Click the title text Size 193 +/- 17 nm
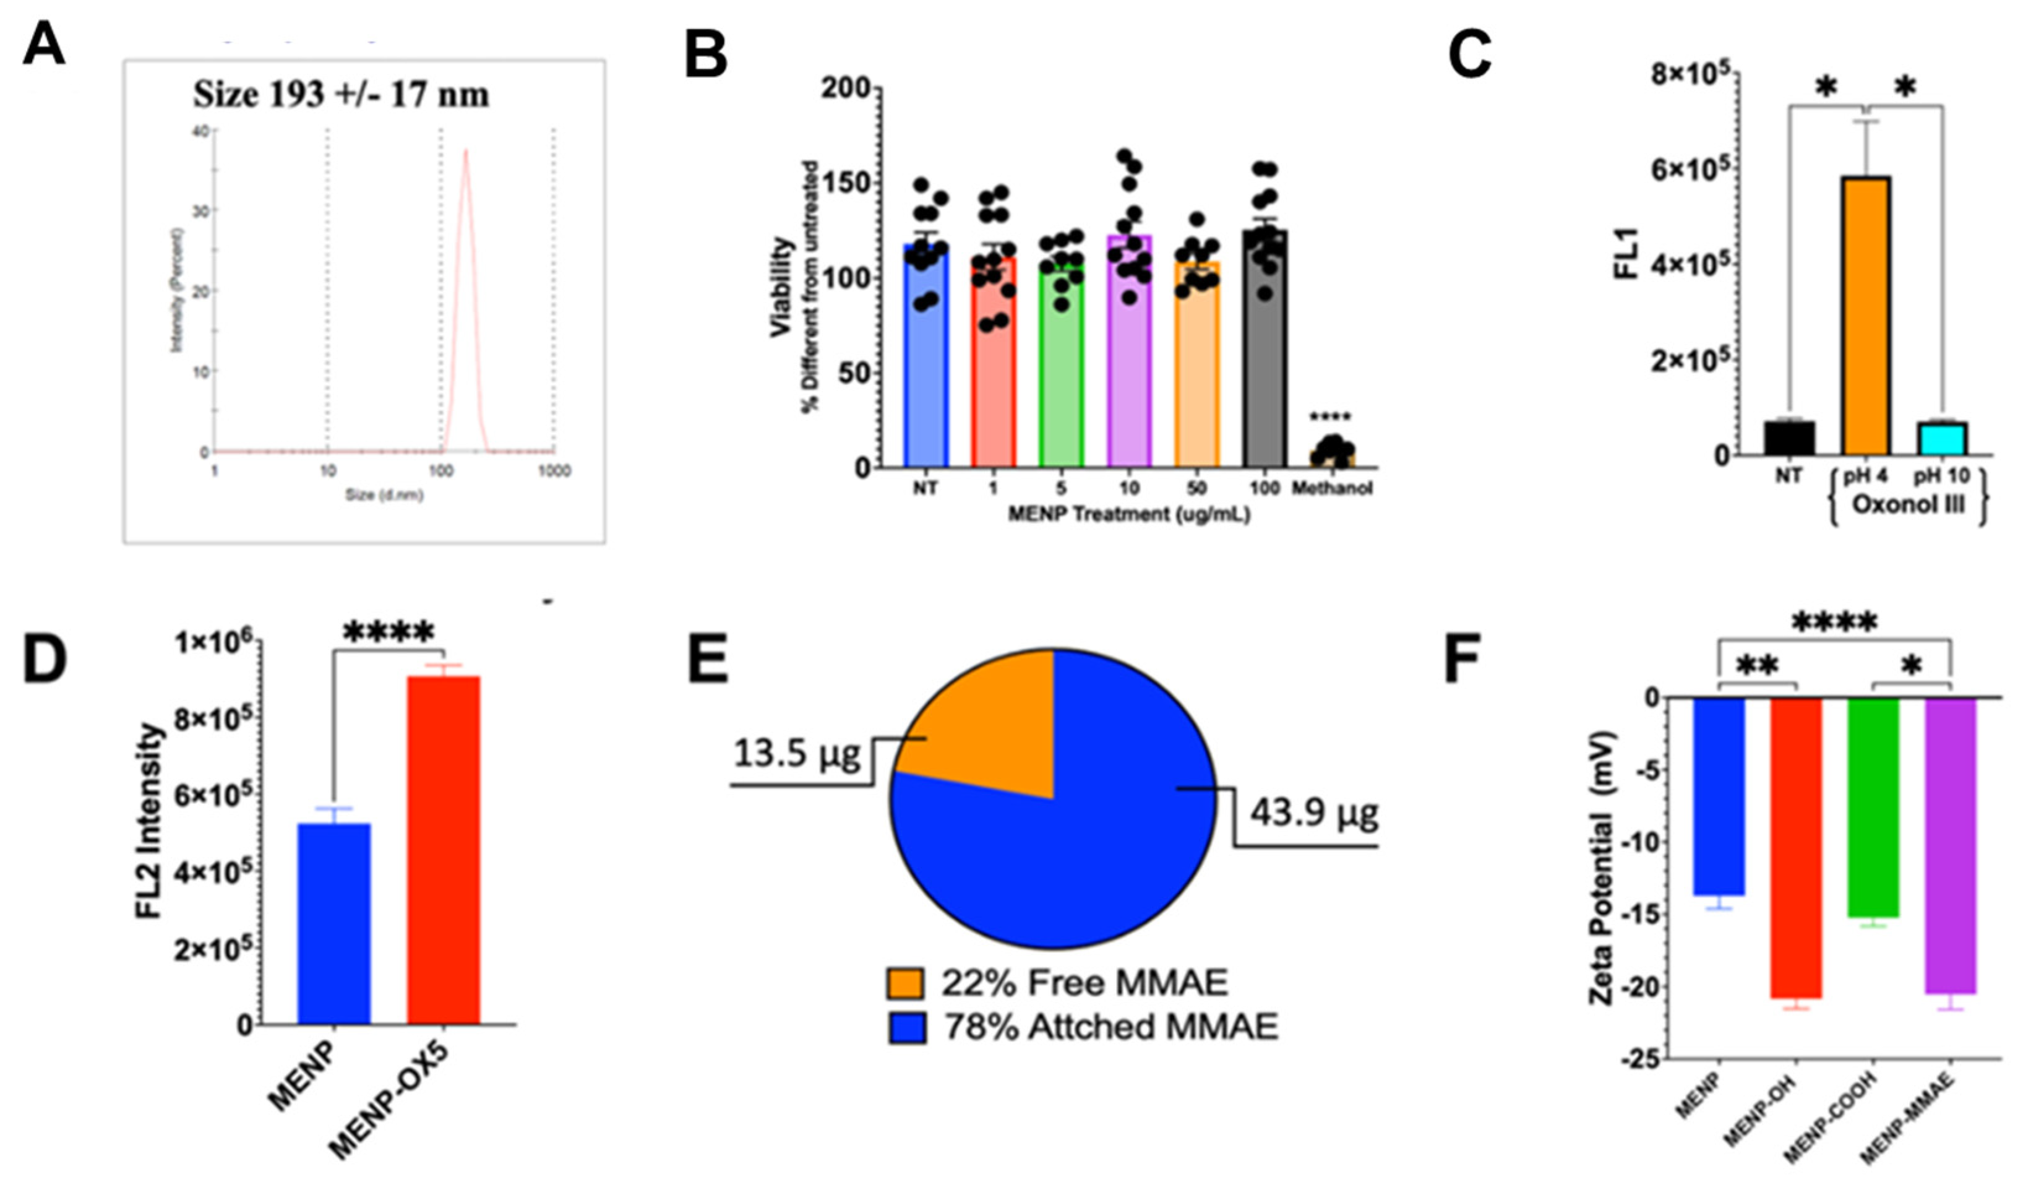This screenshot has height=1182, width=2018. (341, 95)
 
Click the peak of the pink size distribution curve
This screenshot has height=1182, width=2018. (465, 152)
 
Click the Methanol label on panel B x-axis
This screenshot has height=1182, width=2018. (1332, 488)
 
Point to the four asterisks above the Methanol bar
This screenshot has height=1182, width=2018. (1330, 417)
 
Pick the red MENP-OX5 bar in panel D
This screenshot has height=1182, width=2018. (443, 850)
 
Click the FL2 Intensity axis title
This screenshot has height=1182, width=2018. (150, 833)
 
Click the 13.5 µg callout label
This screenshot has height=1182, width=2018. (796, 753)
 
